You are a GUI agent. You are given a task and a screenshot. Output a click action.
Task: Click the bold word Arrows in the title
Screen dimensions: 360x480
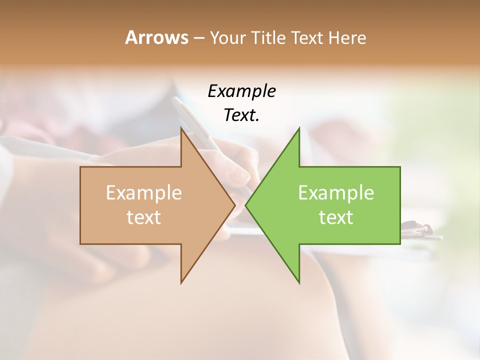156,37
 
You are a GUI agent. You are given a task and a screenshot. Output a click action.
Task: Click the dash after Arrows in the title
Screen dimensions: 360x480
198,38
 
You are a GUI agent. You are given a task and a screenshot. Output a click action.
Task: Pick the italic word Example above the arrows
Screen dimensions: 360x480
241,91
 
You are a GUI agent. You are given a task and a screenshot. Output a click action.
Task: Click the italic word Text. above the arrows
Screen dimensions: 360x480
241,115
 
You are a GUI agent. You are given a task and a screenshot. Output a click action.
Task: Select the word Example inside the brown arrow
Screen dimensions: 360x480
144,192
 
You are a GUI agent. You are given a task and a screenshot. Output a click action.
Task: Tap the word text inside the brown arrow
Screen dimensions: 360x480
144,217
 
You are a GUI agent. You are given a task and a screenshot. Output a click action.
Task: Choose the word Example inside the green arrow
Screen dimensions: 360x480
336,192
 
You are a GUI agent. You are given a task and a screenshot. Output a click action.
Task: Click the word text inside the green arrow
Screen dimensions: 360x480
336,217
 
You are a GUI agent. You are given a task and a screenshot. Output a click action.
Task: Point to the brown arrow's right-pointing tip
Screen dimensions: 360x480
234,205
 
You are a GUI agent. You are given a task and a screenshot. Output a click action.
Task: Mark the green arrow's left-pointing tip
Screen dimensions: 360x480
246,205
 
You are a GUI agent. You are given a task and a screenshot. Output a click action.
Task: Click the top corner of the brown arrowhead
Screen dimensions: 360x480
181,128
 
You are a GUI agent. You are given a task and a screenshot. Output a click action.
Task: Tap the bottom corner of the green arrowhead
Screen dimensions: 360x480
299,282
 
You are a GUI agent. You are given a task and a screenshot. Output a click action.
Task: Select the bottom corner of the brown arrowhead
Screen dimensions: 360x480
181,282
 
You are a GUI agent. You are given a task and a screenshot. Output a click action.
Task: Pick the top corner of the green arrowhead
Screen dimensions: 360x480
299,128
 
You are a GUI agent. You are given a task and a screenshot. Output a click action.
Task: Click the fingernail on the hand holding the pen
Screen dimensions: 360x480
242,174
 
